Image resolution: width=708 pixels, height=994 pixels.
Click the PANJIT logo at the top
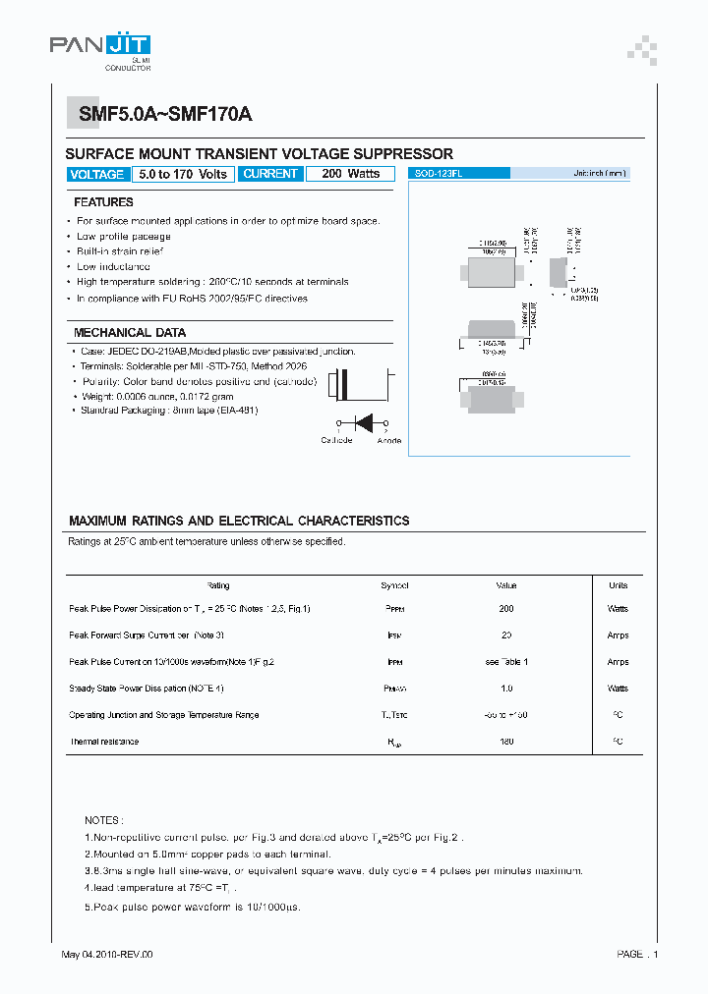[x=100, y=47]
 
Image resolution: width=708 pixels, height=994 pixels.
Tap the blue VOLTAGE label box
[x=97, y=175]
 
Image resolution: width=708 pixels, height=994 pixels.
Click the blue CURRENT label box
[x=269, y=174]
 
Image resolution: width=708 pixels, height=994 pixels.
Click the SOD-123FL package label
[x=434, y=173]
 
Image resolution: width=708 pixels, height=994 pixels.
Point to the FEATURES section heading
[x=103, y=202]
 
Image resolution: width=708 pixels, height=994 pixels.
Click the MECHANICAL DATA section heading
[x=130, y=333]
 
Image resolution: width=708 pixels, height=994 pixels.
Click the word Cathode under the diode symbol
[x=336, y=440]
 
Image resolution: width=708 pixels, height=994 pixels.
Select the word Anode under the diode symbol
[x=388, y=440]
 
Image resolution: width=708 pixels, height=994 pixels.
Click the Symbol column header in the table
[x=394, y=585]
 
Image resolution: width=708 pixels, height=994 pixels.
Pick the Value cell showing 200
[x=506, y=609]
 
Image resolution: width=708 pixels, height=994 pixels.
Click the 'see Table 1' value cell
[x=506, y=662]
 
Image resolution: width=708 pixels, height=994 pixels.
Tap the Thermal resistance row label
[x=104, y=742]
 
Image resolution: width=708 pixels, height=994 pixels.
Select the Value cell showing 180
[x=506, y=742]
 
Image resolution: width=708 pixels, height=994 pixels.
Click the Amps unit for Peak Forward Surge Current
[x=618, y=635]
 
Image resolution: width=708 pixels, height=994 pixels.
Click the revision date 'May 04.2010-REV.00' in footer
[x=107, y=955]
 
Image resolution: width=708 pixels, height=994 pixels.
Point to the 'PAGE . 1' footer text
[x=637, y=955]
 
